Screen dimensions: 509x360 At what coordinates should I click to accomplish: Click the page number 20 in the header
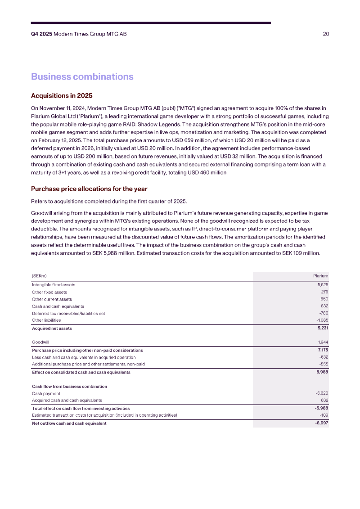tap(326, 34)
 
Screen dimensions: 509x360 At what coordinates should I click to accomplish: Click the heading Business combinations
tap(82, 77)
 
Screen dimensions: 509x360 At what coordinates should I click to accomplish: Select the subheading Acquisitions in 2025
tap(62, 95)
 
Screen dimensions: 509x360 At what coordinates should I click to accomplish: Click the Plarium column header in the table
tap(321, 276)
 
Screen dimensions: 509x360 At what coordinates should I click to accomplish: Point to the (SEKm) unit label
tap(39, 276)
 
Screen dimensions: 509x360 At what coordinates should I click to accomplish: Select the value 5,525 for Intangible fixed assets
tap(323, 285)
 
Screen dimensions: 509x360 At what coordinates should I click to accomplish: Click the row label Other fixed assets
tap(49, 292)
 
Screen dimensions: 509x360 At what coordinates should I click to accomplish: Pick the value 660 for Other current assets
tap(324, 299)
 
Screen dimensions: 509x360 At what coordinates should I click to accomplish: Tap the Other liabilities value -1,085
tap(322, 320)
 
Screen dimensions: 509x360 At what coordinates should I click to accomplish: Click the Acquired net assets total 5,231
tap(322, 329)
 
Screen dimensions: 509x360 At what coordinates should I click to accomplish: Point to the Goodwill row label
tap(40, 342)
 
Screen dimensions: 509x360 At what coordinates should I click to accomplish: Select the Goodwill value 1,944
tap(323, 342)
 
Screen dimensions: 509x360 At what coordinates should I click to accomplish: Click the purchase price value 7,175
tap(322, 350)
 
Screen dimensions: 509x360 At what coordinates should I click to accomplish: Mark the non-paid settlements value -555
tap(324, 364)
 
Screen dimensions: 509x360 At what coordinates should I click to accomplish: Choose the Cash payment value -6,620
tap(322, 393)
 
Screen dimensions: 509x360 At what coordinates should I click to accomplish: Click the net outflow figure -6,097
tap(322, 423)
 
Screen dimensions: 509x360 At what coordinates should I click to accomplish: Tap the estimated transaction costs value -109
tap(324, 415)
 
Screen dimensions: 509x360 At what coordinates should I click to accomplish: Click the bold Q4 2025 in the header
tap(41, 34)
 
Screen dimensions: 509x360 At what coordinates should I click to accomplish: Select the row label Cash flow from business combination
tap(69, 387)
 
